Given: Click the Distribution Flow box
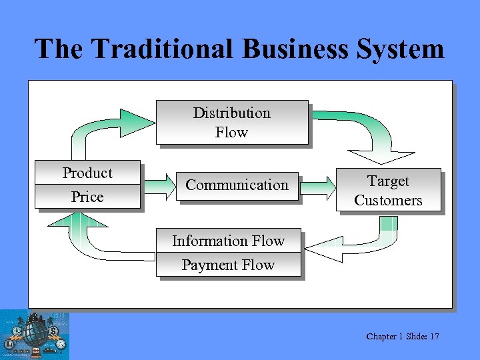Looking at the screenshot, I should point(232,123).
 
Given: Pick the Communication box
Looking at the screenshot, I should point(237,185).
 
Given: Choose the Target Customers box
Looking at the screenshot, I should point(389,190).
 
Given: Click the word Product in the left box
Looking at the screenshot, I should point(87,173).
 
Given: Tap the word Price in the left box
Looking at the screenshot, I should point(87,197).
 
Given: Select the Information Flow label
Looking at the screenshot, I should point(228,241).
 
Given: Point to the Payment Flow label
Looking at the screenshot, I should point(228,265).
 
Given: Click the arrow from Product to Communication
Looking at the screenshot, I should point(157,185).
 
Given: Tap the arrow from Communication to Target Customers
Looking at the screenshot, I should point(318,185).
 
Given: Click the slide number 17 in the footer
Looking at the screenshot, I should point(434,337).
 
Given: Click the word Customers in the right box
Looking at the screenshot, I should point(389,201).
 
